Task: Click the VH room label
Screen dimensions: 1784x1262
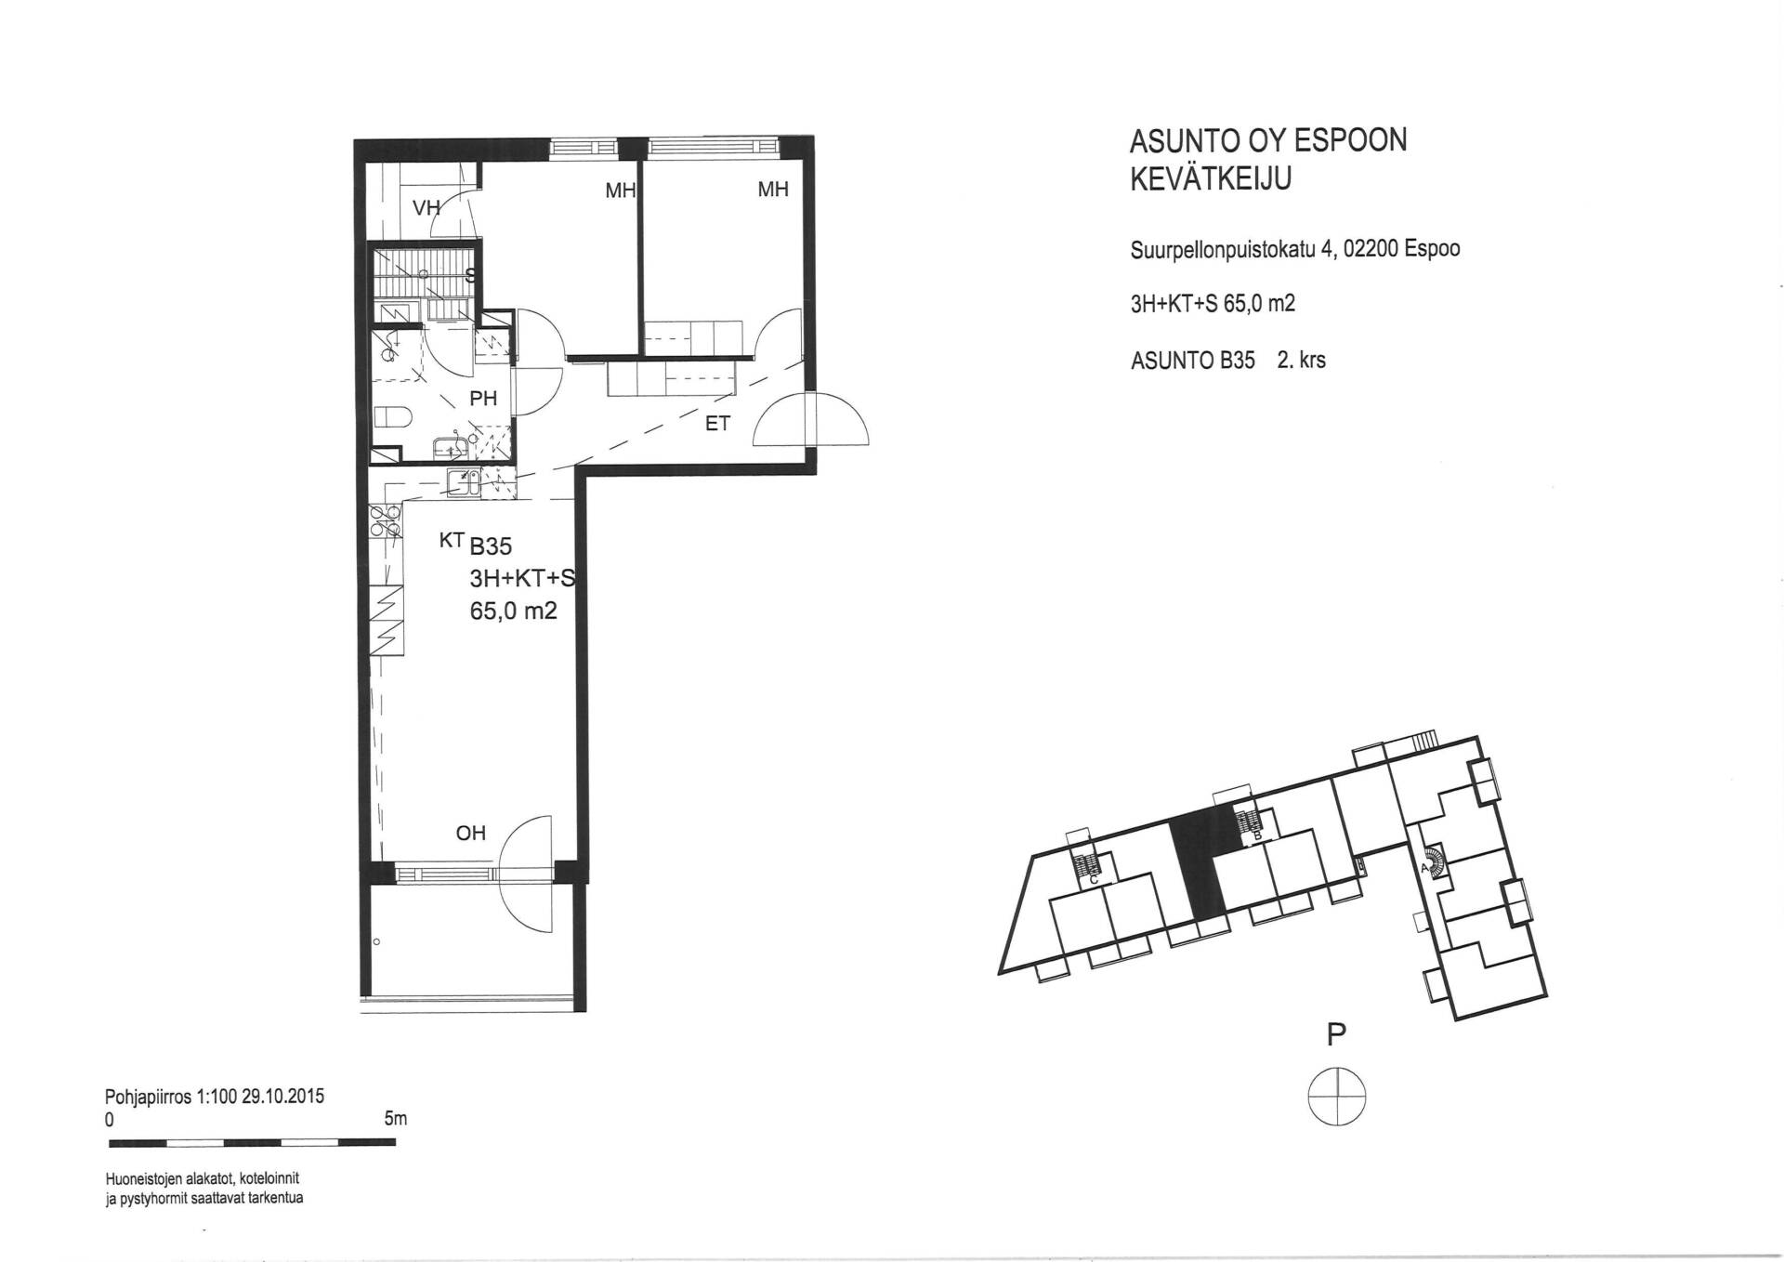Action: coord(426,207)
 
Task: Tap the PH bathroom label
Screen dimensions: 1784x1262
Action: coord(483,399)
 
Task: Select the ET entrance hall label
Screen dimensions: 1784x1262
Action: coord(717,424)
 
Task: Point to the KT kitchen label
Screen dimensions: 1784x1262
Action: coord(452,540)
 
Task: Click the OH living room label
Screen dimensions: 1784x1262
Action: coord(471,833)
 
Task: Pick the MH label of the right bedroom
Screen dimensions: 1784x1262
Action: coord(773,190)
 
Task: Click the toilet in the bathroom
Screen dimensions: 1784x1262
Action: coord(392,417)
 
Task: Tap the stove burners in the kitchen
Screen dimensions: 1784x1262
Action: coord(386,521)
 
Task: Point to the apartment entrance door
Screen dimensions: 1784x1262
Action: coord(811,420)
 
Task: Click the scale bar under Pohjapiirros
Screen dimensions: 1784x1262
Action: coord(252,1142)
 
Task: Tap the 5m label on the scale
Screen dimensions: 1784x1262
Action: coord(395,1119)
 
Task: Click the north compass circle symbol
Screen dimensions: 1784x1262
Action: coord(1337,1097)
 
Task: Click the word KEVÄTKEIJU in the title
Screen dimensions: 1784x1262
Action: coord(1210,178)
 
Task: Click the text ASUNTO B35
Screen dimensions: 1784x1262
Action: coord(1192,361)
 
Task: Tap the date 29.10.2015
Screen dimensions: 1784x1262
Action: coord(283,1097)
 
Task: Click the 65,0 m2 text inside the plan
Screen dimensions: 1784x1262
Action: coord(514,611)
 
